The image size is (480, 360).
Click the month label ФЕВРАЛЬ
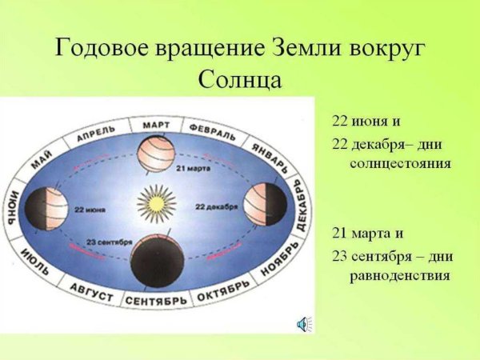(213, 131)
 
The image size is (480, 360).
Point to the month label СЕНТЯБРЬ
(156, 299)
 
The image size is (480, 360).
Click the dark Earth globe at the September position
(157, 262)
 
